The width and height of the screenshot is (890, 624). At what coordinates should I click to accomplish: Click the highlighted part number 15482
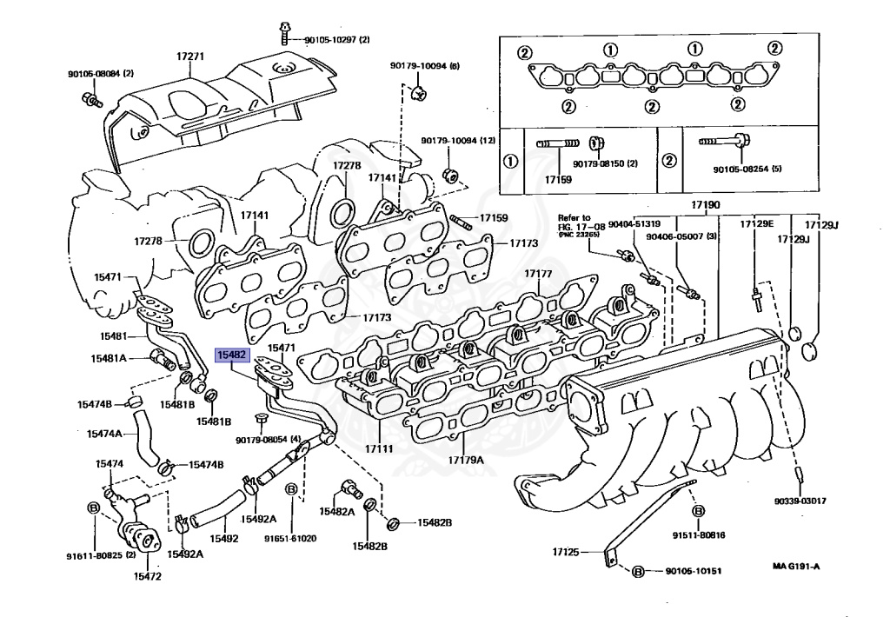pyautogui.click(x=232, y=355)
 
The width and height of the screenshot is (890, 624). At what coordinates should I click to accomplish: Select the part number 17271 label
pyautogui.click(x=189, y=56)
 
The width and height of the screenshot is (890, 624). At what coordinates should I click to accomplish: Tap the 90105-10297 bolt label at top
pyautogui.click(x=336, y=40)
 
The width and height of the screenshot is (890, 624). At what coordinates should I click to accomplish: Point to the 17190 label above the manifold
pyautogui.click(x=705, y=204)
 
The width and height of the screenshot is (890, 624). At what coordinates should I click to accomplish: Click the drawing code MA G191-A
pyautogui.click(x=796, y=566)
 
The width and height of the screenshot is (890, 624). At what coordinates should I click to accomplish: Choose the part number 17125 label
pyautogui.click(x=566, y=551)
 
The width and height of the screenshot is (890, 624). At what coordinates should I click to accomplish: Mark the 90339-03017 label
pyautogui.click(x=800, y=501)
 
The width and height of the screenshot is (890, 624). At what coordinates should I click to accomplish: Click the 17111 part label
pyautogui.click(x=379, y=448)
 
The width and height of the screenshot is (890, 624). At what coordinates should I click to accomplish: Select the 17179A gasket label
pyautogui.click(x=466, y=460)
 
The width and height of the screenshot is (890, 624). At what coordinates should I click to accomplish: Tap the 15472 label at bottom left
pyautogui.click(x=147, y=576)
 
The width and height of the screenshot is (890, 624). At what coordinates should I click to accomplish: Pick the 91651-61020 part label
pyautogui.click(x=290, y=538)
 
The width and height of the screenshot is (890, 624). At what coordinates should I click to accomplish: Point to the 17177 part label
pyautogui.click(x=538, y=273)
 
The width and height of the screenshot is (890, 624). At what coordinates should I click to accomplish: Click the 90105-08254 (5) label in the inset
pyautogui.click(x=747, y=169)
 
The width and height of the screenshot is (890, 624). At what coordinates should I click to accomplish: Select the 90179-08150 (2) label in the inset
pyautogui.click(x=605, y=163)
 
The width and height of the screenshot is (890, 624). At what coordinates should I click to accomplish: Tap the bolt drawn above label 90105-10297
pyautogui.click(x=284, y=33)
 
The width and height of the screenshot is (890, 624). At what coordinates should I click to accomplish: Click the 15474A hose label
pyautogui.click(x=104, y=434)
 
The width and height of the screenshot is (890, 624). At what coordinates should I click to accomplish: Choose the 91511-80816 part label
pyautogui.click(x=699, y=534)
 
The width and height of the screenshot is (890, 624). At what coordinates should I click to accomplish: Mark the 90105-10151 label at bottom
pyautogui.click(x=693, y=571)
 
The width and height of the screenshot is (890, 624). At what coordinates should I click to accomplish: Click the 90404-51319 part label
pyautogui.click(x=634, y=223)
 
